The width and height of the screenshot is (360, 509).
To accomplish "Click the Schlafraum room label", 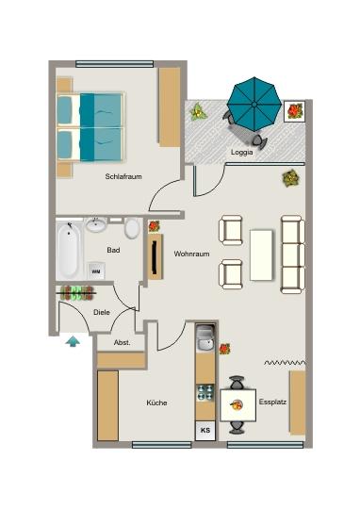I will point(123,174).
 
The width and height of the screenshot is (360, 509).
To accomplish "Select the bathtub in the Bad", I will point(68,250).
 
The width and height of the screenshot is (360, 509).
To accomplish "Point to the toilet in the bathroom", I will point(132,229).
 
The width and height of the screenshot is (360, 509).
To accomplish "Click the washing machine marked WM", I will point(95,271).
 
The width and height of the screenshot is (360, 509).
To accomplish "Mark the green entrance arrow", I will point(72,340).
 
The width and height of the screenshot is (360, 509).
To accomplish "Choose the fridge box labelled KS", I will point(205,431).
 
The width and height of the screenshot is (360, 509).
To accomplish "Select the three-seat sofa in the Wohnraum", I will point(292,253).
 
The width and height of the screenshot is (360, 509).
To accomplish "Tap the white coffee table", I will point(260,254).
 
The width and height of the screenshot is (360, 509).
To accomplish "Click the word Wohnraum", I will point(191,254).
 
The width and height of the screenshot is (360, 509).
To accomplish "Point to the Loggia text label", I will point(241,151).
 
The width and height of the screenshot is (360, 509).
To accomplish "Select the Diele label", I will point(101,312).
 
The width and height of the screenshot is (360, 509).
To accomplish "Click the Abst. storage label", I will point(122,343).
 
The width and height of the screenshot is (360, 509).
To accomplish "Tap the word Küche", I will point(155,402).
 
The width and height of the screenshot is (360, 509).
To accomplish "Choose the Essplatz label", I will point(272,402).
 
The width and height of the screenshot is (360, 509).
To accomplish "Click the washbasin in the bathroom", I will point(96,225).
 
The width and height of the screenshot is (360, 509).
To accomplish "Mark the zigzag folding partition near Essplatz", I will point(286,362).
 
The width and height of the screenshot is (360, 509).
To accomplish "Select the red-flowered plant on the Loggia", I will point(295,111).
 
